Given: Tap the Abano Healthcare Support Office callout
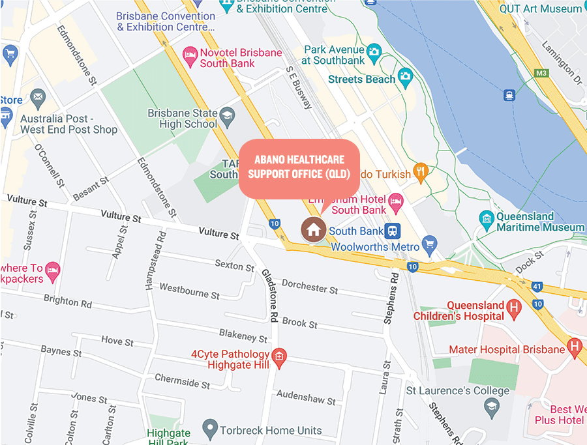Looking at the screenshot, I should pyautogui.click(x=299, y=167).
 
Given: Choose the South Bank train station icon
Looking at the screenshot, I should pyautogui.click(x=392, y=231).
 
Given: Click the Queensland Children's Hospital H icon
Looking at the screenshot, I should pyautogui.click(x=515, y=309).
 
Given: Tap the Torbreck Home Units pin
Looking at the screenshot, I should pyautogui.click(x=209, y=429).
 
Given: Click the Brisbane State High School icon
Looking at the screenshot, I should pyautogui.click(x=227, y=116).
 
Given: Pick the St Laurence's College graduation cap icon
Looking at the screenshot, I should pyautogui.click(x=491, y=408).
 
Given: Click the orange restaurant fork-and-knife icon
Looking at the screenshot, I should pyautogui.click(x=421, y=173).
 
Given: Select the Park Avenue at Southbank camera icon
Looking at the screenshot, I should pyautogui.click(x=374, y=51).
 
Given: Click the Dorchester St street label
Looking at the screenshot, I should pyautogui.click(x=310, y=286).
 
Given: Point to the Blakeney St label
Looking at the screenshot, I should pyautogui.click(x=243, y=336).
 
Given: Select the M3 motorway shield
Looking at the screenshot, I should pyautogui.click(x=541, y=72).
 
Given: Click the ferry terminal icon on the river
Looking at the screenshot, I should pyautogui.click(x=509, y=95).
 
